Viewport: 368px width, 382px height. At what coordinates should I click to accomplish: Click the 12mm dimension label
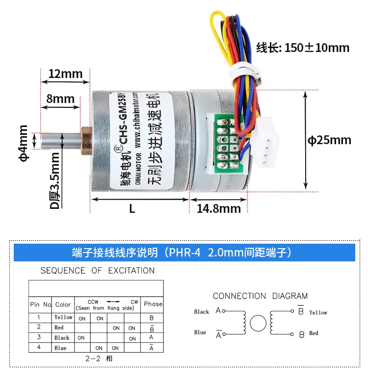(x=65, y=74)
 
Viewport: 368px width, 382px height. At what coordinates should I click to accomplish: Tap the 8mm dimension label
(x=60, y=99)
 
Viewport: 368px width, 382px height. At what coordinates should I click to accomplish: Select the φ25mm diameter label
(x=329, y=140)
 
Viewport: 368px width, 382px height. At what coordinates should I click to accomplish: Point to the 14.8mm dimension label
(x=219, y=208)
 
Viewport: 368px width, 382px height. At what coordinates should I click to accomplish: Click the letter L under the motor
(x=132, y=208)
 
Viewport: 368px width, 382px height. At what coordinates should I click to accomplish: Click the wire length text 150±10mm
(x=303, y=48)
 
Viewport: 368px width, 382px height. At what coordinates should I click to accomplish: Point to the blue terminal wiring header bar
(x=184, y=253)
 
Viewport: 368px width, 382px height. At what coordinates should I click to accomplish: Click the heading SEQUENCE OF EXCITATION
(x=97, y=271)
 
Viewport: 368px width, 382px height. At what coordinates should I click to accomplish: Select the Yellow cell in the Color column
(x=63, y=317)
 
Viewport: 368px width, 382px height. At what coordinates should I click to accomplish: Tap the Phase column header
(x=153, y=304)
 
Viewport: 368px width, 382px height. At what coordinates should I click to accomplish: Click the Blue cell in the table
(x=60, y=348)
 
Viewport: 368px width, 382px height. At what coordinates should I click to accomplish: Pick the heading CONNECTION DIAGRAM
(x=260, y=296)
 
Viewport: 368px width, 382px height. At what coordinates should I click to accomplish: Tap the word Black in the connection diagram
(x=201, y=312)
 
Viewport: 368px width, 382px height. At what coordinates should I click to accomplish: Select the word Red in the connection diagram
(x=314, y=333)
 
